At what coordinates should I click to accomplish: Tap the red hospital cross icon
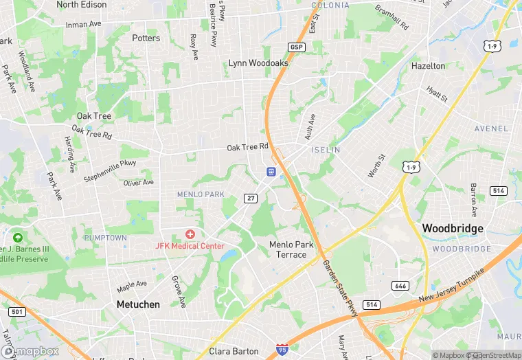(190, 235)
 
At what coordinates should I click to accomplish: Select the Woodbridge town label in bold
(453, 228)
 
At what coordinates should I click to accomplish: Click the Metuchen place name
(137, 304)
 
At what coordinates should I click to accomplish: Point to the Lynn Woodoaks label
(258, 63)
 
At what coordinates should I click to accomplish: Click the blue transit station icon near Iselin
(271, 171)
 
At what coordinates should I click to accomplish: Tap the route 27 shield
(251, 198)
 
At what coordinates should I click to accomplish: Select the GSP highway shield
(296, 46)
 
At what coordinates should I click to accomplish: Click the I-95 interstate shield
(282, 350)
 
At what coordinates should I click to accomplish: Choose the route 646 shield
(400, 285)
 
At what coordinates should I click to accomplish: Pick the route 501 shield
(17, 312)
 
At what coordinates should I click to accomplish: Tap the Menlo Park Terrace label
(291, 249)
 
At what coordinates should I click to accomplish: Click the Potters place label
(146, 38)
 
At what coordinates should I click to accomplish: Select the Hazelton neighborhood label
(428, 66)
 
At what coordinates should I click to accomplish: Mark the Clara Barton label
(234, 351)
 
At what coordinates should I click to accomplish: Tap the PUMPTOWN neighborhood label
(105, 237)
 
